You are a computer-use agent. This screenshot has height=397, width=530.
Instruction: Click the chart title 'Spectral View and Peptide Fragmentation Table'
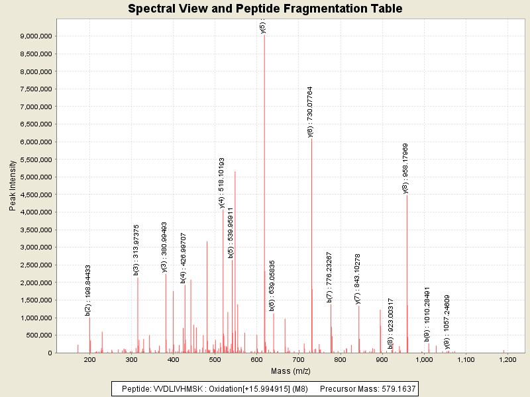pyautogui.click(x=265, y=9)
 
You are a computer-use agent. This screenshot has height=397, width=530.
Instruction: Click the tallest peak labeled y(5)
pyautogui.click(x=264, y=198)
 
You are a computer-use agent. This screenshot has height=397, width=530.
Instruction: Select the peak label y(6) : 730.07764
pyautogui.click(x=310, y=111)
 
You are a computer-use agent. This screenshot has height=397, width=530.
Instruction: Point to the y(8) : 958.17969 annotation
pyautogui.click(x=405, y=168)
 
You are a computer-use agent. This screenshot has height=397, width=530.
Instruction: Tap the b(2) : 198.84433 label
pyautogui.click(x=88, y=290)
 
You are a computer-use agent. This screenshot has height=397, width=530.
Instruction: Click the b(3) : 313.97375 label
pyautogui.click(x=136, y=249)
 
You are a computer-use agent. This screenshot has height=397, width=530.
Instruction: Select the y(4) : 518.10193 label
pyautogui.click(x=222, y=183)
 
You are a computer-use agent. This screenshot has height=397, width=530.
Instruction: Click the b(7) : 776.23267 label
pyautogui.click(x=329, y=277)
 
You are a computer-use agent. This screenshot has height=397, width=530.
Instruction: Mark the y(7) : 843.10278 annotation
pyautogui.click(x=358, y=279)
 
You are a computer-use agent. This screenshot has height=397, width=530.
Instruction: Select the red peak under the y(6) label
pyautogui.click(x=311, y=251)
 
